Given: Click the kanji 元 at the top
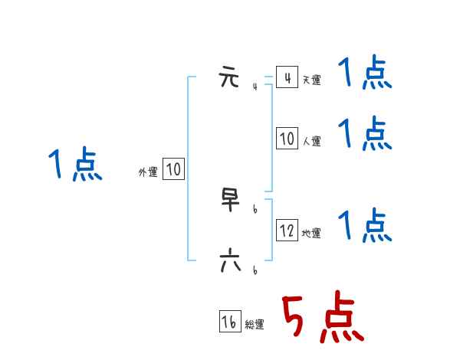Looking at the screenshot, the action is coord(229,77).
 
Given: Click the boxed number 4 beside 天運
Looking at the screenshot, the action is coord(287,78).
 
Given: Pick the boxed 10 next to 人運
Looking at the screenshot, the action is coord(287,139).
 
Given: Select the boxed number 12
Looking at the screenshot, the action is coord(287,231).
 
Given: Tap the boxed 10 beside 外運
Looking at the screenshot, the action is coord(173,169).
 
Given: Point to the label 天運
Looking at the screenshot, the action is coord(311,80).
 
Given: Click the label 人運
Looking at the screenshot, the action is coord(311,141).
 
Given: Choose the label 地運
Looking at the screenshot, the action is coord(311,233).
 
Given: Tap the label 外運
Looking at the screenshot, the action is coord(148,172).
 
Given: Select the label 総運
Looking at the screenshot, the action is coord(255,325).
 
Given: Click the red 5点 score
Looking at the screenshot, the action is coord(323,318).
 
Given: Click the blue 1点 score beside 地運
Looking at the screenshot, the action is coord(365,225).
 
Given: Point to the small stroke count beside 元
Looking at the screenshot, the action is coord(255,87).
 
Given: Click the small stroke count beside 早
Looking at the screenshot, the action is coord(255,208).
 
